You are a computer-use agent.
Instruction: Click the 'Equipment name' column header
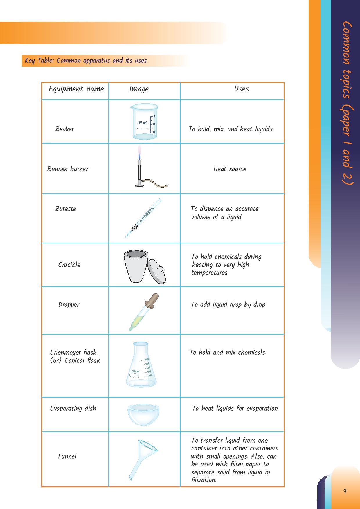point(76,89)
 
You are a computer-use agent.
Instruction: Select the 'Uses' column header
point(241,89)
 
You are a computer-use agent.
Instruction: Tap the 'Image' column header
point(139,89)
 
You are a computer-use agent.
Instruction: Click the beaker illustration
point(144,121)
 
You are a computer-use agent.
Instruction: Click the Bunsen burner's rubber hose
point(156,184)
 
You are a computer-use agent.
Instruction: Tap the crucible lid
point(157,271)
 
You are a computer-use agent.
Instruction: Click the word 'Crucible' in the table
point(69,265)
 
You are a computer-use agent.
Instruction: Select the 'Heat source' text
point(230,169)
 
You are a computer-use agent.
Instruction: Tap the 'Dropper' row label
point(69,305)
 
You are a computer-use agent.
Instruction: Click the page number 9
point(345,491)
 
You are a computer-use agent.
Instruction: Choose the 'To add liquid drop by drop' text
point(228,305)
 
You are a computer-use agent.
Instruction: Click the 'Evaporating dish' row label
point(73,409)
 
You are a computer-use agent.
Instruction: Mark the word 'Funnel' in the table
point(67,456)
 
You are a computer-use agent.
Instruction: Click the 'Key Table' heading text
point(86,61)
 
